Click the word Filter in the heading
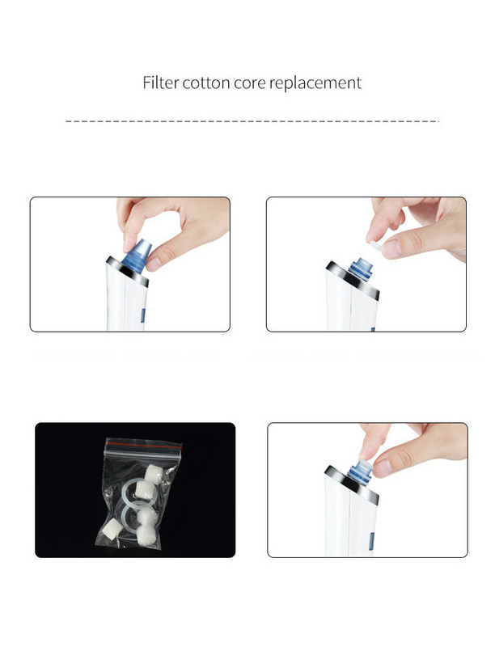point(160,82)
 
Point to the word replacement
point(315,84)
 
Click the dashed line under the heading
point(252,121)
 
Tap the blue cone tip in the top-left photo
point(137,255)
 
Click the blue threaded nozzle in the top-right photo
point(361,269)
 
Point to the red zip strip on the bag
point(143,444)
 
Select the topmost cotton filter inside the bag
point(156,472)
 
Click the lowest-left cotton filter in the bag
point(111,528)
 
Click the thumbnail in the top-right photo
point(391,247)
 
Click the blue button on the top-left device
point(142,315)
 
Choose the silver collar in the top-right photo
point(353,280)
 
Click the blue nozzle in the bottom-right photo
point(360,471)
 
